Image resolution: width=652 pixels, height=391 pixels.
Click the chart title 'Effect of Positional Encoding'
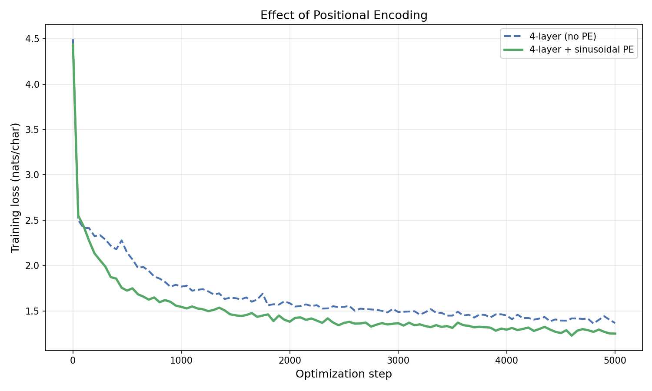(x=344, y=15)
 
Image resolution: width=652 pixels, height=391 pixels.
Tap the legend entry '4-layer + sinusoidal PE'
(x=582, y=50)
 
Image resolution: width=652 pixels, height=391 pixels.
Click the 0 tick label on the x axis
(x=73, y=360)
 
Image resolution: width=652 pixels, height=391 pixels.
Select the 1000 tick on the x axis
(x=181, y=360)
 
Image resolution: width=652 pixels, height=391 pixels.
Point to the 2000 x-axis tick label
(x=289, y=360)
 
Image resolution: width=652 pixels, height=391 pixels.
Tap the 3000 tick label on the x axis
(x=398, y=360)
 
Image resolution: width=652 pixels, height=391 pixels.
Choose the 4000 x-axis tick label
(x=506, y=360)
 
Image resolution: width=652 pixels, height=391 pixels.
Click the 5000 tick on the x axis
(x=615, y=360)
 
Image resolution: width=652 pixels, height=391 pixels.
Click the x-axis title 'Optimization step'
(x=344, y=374)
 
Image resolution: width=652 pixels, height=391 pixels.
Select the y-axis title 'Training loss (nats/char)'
(x=16, y=188)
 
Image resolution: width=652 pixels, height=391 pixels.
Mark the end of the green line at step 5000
(x=615, y=334)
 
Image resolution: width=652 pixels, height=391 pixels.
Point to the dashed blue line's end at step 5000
(x=615, y=323)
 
